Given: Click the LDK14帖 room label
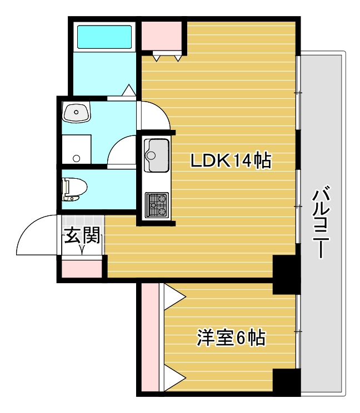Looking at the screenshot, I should [231, 161].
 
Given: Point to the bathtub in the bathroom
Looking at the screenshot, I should [105, 37].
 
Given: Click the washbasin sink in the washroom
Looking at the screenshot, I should [76, 113].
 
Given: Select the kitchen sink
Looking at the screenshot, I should [157, 155].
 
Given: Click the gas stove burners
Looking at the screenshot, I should [157, 204].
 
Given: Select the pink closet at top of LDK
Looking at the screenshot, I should [162, 36].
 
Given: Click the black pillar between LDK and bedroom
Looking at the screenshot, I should [286, 275].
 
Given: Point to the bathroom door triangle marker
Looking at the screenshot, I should [129, 90].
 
